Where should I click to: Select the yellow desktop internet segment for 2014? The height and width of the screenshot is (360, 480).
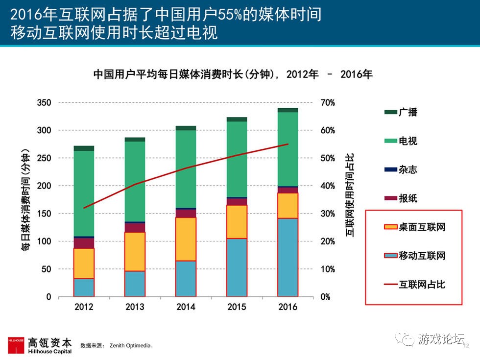pos(186,239)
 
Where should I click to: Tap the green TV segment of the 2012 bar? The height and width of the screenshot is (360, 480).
pos(84,193)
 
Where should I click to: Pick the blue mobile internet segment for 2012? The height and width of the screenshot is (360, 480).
pos(84,288)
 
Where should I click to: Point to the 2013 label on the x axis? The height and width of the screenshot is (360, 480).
pos(135,307)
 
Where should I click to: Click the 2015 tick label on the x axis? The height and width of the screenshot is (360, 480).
pos(237,307)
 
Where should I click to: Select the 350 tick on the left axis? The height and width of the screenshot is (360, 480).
pos(44,103)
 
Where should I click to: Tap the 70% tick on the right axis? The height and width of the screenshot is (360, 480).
pos(328,103)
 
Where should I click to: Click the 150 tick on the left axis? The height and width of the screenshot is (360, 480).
pos(44,214)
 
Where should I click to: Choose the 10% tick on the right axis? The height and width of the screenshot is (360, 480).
pos(328,269)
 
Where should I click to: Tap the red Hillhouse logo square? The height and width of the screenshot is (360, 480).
pos(16,345)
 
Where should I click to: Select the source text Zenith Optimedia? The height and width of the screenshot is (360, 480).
pos(130,346)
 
